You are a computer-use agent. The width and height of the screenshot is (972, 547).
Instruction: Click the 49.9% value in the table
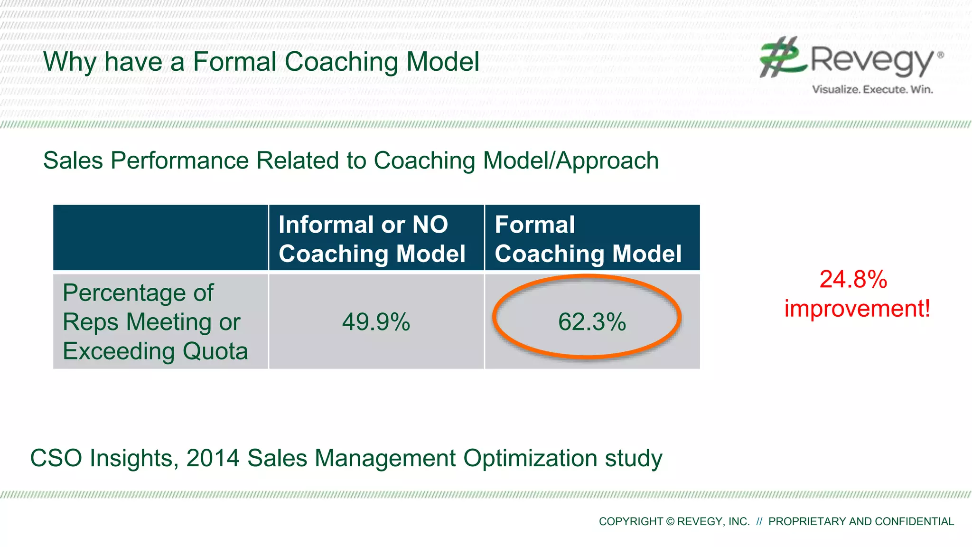[x=376, y=322]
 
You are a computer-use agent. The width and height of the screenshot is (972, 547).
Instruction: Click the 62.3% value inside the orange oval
[x=592, y=322]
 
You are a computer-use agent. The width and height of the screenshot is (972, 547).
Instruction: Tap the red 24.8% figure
[x=853, y=279]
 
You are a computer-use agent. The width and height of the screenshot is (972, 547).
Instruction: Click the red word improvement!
[x=857, y=309]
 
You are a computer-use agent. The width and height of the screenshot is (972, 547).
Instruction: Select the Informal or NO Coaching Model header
[x=372, y=239]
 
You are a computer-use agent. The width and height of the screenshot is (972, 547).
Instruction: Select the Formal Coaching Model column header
[x=588, y=239]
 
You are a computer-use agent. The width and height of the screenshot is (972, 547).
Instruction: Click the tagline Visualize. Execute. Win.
[x=872, y=89]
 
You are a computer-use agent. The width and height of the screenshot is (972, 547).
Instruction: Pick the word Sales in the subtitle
[x=73, y=160]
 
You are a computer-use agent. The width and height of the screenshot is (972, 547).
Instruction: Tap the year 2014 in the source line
[x=213, y=458]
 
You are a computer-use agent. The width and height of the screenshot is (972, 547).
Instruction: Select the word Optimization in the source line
[x=530, y=459]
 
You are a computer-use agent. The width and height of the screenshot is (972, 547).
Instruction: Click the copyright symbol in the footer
[x=670, y=522]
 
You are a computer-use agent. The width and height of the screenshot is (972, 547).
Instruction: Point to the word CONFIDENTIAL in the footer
[x=914, y=521]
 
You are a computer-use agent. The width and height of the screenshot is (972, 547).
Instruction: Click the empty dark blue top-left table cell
[x=160, y=238]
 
